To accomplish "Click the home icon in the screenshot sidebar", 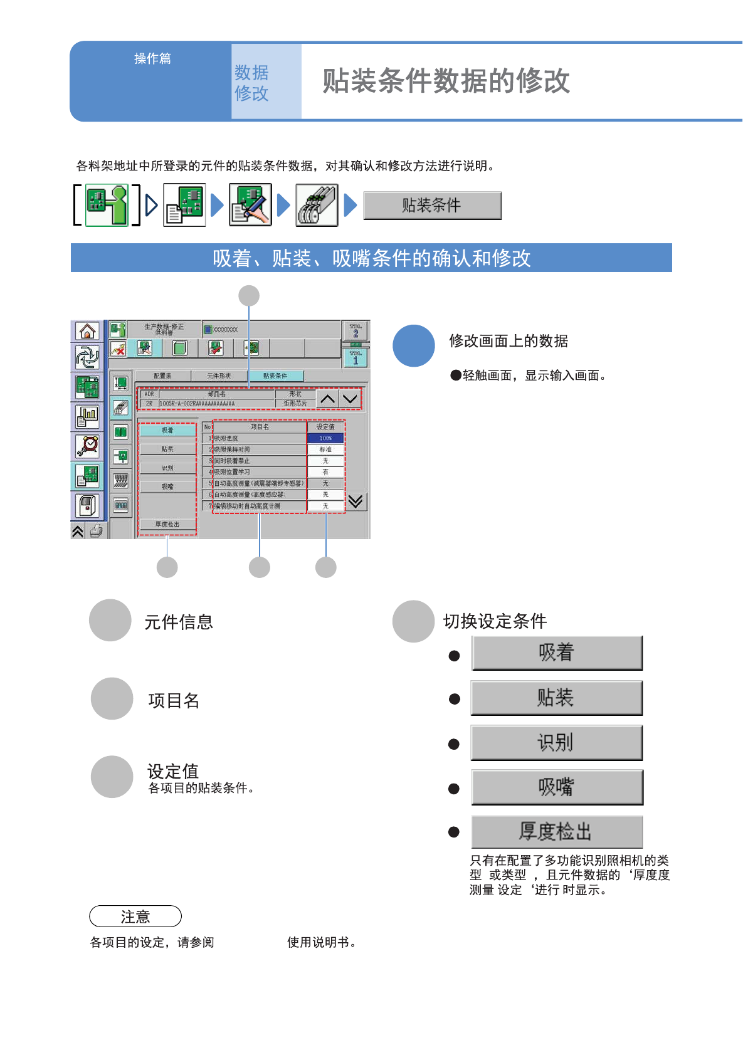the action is point(87,331).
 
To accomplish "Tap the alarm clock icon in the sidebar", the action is point(87,446).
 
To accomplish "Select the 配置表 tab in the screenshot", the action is point(162,376).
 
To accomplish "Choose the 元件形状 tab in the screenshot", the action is point(219,376).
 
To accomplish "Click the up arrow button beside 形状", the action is point(327,399).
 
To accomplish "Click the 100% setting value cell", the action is point(325,438).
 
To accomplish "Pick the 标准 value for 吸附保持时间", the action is point(325,449).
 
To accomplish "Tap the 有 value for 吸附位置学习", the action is point(325,472).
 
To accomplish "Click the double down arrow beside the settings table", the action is point(356,501).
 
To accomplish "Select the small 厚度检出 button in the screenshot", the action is point(167,524).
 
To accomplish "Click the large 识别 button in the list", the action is point(556,743).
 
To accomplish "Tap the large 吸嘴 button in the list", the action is point(557,787).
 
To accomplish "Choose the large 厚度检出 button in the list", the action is point(557,832).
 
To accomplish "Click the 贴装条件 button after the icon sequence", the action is point(432,206).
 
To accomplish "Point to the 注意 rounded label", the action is point(135,916).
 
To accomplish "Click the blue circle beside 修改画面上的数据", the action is point(414,345).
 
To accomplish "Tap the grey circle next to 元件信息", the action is point(110,620).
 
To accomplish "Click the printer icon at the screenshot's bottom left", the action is point(97,532).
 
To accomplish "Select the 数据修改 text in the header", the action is point(251,83).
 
